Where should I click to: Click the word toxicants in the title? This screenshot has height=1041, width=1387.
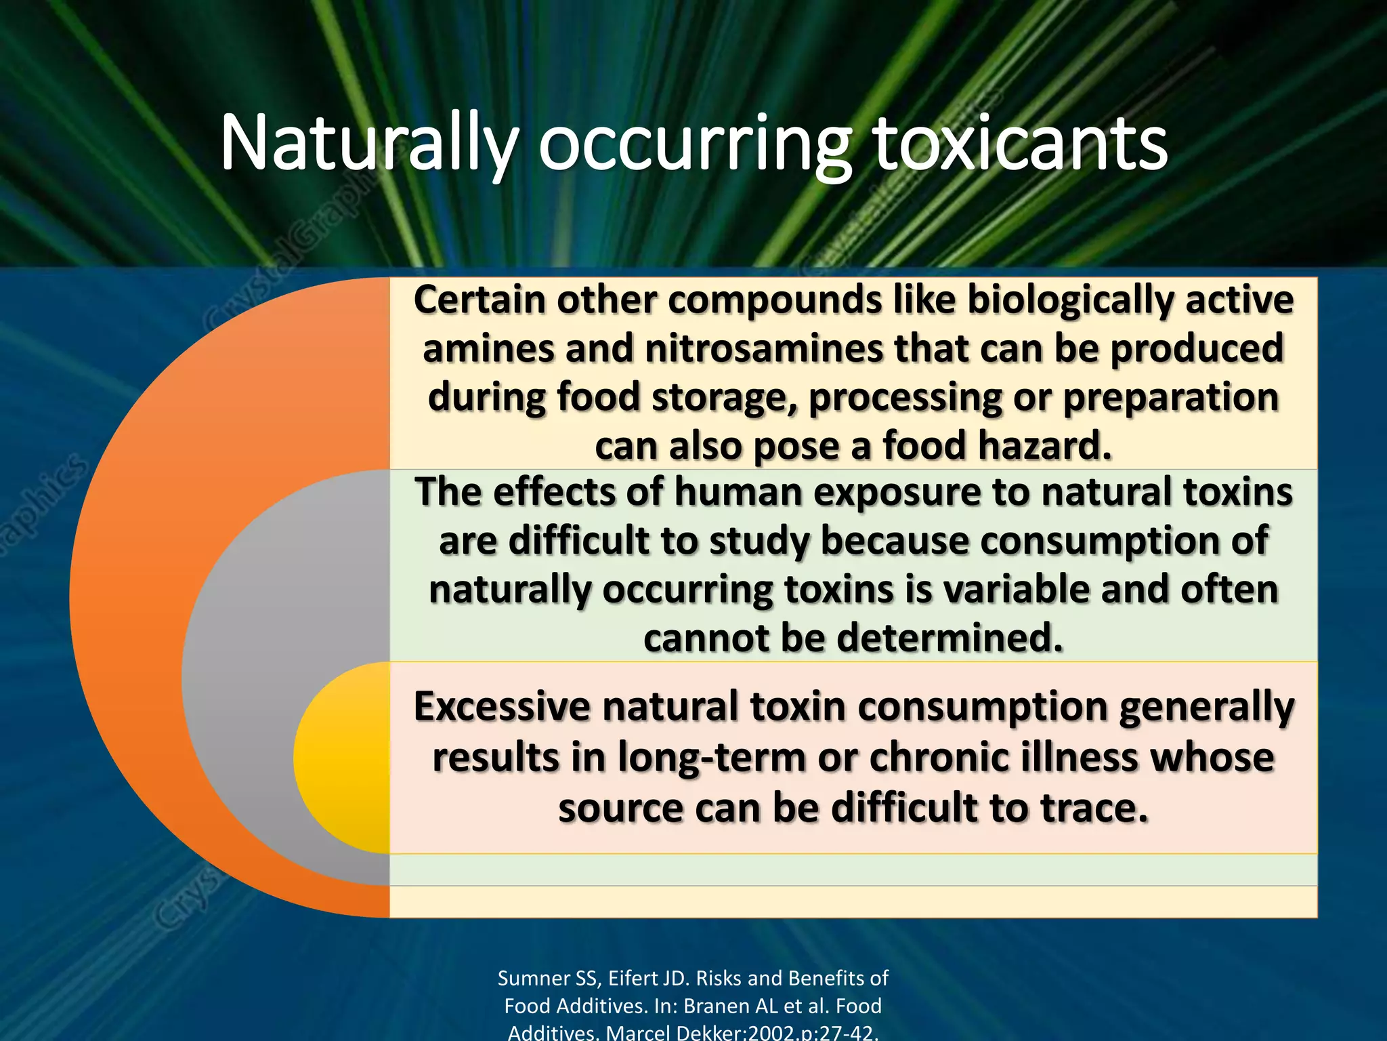tap(1021, 144)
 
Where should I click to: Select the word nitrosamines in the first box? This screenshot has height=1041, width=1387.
tap(765, 349)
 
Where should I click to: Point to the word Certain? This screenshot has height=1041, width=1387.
tap(479, 300)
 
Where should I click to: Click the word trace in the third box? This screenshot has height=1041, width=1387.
tap(1093, 809)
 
